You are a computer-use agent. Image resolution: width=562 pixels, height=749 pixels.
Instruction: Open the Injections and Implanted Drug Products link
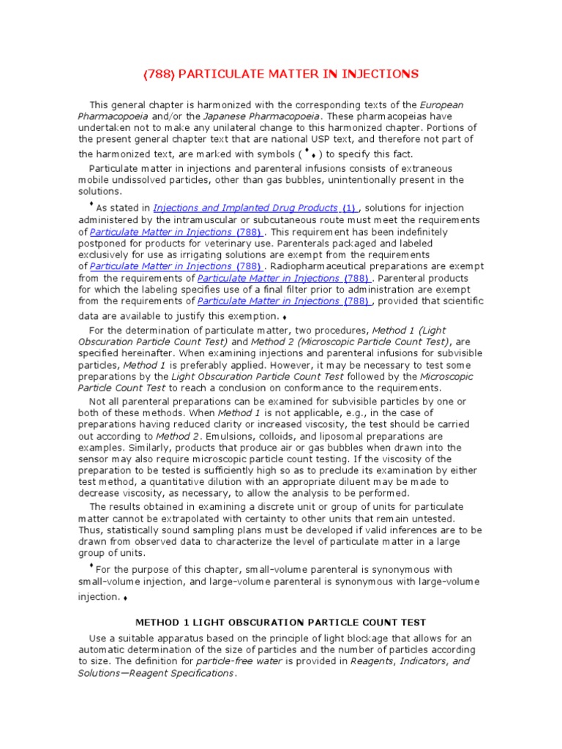coord(245,208)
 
